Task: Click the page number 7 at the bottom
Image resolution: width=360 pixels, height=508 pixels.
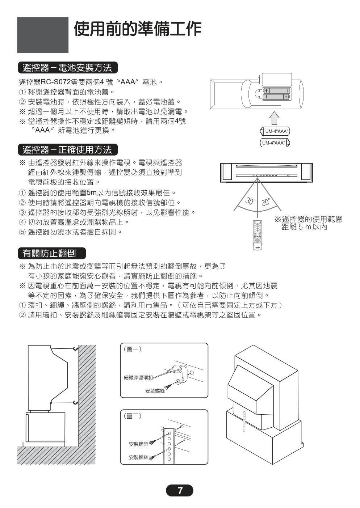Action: [x=180, y=491]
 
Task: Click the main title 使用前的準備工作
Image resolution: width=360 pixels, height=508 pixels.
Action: [x=138, y=29]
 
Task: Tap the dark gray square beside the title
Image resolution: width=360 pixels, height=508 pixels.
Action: [x=43, y=35]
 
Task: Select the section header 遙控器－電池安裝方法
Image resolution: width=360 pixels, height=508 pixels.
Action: [x=68, y=68]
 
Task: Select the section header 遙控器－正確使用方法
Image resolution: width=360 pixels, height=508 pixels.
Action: [x=68, y=150]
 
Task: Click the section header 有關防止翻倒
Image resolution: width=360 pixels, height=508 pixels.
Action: [x=52, y=253]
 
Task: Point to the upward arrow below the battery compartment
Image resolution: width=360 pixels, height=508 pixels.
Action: [x=275, y=118]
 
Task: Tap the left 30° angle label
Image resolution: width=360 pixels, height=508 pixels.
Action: [x=250, y=201]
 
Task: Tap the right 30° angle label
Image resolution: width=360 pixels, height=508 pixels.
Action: [x=266, y=202]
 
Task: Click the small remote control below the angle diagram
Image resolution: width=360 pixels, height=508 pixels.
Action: [x=258, y=235]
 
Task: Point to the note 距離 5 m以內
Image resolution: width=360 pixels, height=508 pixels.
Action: [x=304, y=227]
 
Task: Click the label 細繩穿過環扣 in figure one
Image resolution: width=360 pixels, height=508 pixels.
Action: [x=138, y=378]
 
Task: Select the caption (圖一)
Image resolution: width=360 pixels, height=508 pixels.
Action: [x=133, y=349]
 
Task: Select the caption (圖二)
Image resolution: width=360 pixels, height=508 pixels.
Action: [x=133, y=416]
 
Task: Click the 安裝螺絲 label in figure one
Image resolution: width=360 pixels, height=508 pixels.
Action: [x=155, y=391]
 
